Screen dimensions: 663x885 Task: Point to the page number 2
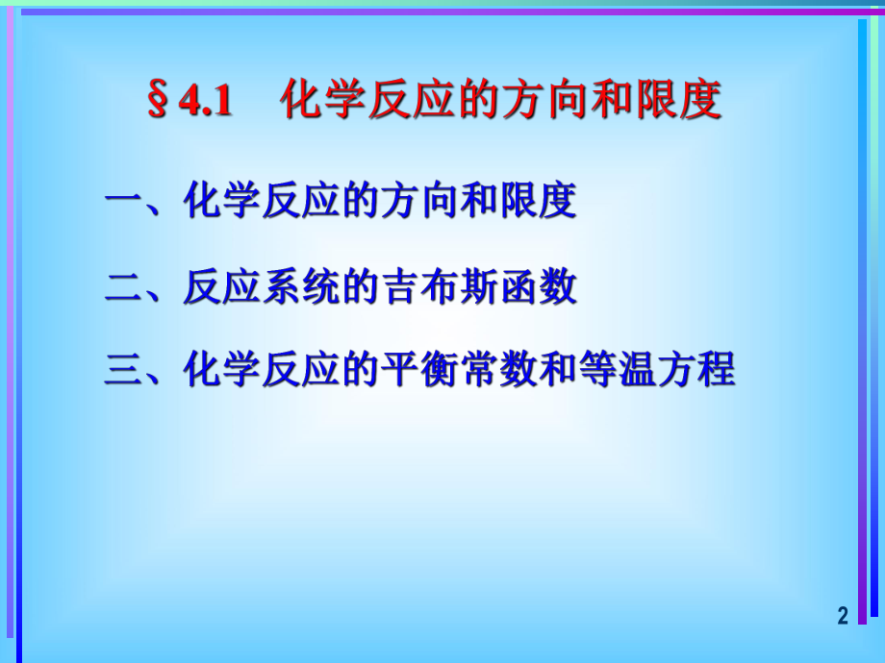tap(843, 616)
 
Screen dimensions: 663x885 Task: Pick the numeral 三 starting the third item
tap(123, 369)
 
